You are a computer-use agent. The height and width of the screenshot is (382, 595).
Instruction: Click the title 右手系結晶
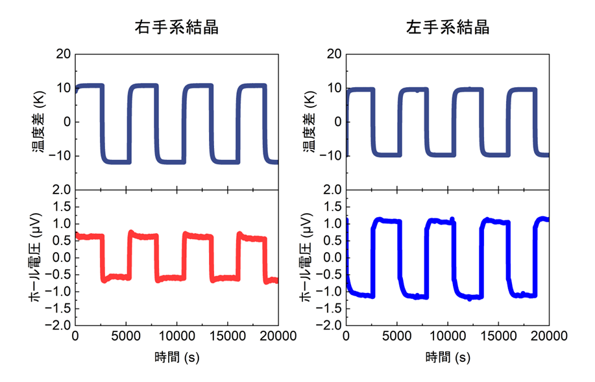point(176,27)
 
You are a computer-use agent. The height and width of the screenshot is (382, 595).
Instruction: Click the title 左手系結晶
point(448,27)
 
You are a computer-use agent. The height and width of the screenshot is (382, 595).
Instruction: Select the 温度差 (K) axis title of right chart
point(309,121)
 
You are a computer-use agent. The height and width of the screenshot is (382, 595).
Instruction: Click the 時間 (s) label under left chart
point(176,357)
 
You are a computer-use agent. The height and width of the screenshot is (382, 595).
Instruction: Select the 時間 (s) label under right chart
point(448,357)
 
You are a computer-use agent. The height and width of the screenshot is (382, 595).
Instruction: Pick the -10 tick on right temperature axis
point(331,156)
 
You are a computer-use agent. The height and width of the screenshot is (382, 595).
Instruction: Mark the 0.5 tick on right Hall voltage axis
point(332,240)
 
